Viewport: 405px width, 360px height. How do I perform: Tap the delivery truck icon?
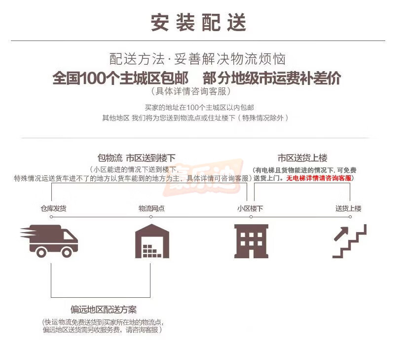coord(50,240)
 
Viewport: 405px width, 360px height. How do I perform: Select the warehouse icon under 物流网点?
coord(152,241)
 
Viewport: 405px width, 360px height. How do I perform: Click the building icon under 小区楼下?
coord(251,241)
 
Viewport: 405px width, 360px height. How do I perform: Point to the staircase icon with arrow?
coord(349,241)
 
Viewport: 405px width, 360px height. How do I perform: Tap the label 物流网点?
coord(151,208)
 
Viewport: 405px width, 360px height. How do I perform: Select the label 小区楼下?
coord(250,208)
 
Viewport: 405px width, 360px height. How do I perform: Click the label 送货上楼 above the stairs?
coord(348,208)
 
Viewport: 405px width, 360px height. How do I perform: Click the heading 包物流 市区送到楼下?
coord(137,158)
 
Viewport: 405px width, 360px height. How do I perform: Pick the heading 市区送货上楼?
coord(302,158)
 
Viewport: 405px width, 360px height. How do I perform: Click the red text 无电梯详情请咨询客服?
coord(319,178)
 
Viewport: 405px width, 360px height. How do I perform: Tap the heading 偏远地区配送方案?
coord(103,310)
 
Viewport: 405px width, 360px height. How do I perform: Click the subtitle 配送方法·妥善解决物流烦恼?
coord(198,60)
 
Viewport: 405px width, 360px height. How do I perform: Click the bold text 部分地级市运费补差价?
coord(272,79)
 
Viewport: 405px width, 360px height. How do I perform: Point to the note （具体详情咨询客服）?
coord(191,91)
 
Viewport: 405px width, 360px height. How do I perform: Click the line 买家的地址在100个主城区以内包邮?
coord(200,107)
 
